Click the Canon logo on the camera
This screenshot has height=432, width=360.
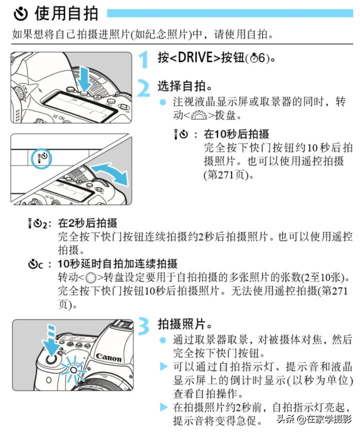point(108,357)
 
